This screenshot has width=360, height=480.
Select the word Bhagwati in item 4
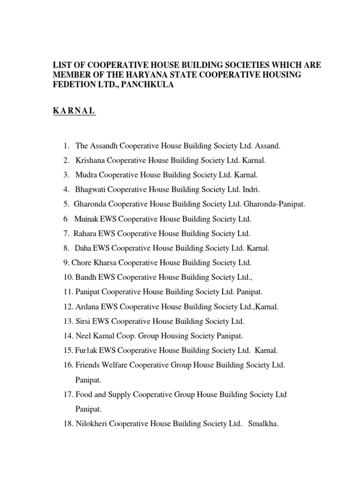pos(90,189)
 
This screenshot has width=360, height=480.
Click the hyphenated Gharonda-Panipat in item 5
pos(278,204)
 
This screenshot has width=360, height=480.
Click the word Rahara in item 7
pos(84,233)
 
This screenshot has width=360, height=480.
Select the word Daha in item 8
pos(82,248)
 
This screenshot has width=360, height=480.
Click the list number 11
pos(67,292)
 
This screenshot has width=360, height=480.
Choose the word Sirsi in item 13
pos(83,321)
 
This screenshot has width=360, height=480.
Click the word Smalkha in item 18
pos(264,424)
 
